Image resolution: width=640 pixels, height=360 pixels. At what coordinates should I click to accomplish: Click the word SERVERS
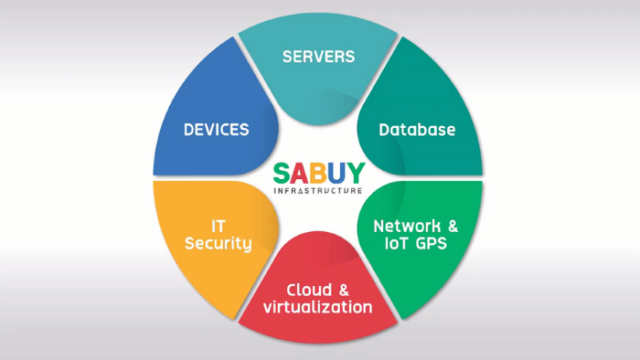tap(318, 56)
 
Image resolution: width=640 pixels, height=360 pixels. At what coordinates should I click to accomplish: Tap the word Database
tap(417, 130)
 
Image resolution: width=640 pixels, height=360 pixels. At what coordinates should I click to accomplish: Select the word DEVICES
tap(216, 130)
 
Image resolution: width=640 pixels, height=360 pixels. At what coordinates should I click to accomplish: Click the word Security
tap(218, 245)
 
